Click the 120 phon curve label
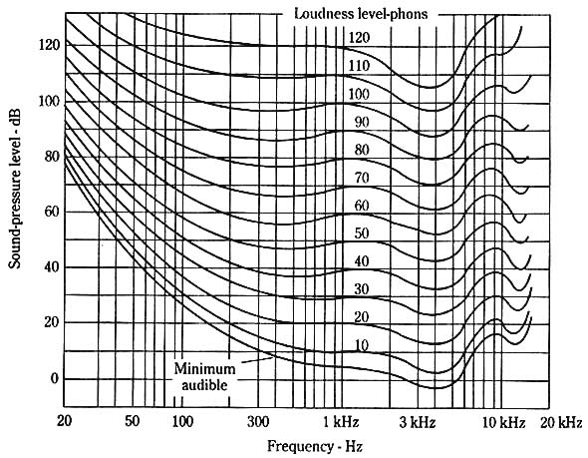click(360, 37)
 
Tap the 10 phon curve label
click(360, 345)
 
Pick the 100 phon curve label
click(360, 93)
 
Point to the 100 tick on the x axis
click(181, 422)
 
